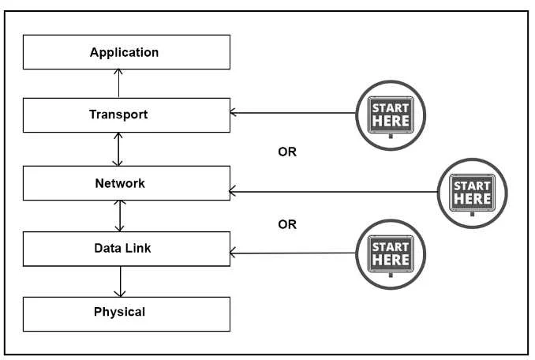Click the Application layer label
(x=124, y=52)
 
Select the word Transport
(x=118, y=114)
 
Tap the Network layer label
(x=120, y=183)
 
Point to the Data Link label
(x=122, y=248)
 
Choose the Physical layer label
(x=119, y=312)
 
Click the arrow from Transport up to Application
(x=118, y=83)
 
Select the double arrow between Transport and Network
(x=118, y=149)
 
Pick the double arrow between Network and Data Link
(x=120, y=216)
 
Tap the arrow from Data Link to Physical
(x=120, y=282)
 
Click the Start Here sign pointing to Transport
(x=391, y=116)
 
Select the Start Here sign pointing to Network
(x=472, y=193)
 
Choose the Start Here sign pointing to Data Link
(x=391, y=254)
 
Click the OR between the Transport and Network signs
(x=287, y=152)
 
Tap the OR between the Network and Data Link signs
(x=287, y=224)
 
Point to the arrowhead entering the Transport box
(x=233, y=112)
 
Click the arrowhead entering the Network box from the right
(x=233, y=191)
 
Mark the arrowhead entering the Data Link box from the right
(x=233, y=253)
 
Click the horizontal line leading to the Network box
(x=333, y=192)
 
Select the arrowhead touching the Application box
(x=118, y=72)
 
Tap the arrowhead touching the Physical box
(x=120, y=294)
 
